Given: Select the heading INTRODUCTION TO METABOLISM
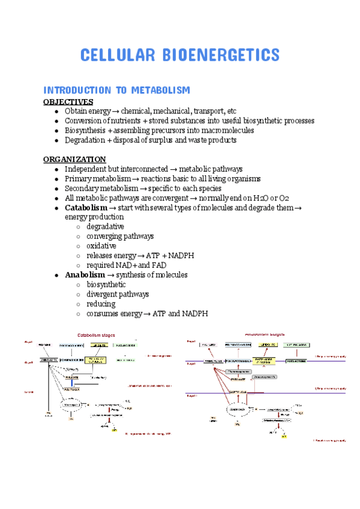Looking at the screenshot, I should click(116, 90).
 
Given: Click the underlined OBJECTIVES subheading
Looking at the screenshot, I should click(68, 101).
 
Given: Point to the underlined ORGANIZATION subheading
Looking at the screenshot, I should click(74, 159).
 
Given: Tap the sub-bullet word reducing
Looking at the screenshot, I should click(101, 304).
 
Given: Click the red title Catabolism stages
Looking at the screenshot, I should click(95, 335).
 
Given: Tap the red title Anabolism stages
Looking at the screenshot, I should click(265, 334).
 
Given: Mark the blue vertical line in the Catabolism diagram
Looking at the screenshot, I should click(72, 383).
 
